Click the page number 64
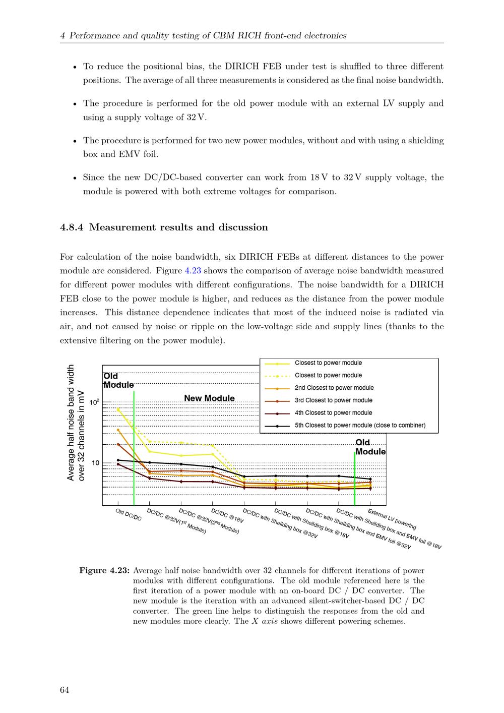tap(65, 690)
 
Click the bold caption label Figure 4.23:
tap(105, 571)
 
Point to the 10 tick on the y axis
tap(95, 463)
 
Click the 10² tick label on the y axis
tap(94, 402)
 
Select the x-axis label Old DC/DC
tap(129, 514)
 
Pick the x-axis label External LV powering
tap(392, 519)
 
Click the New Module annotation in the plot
tap(209, 398)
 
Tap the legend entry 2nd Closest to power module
tap(334, 388)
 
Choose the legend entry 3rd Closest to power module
tap(334, 400)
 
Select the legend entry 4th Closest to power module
tap(333, 413)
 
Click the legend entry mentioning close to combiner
tap(360, 426)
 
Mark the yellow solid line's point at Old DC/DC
tap(118, 409)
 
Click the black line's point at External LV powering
tap(370, 479)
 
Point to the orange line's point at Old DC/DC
tap(118, 430)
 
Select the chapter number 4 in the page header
tap(62, 36)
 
